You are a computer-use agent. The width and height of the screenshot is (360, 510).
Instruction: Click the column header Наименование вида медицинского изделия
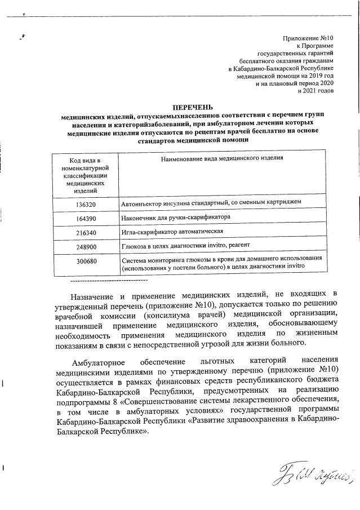point(221,159)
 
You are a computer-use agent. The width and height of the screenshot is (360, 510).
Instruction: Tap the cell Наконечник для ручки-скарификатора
point(176,217)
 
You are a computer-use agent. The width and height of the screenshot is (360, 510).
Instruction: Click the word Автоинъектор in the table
point(141,202)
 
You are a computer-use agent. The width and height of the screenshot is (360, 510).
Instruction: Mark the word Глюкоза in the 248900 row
point(134,246)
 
